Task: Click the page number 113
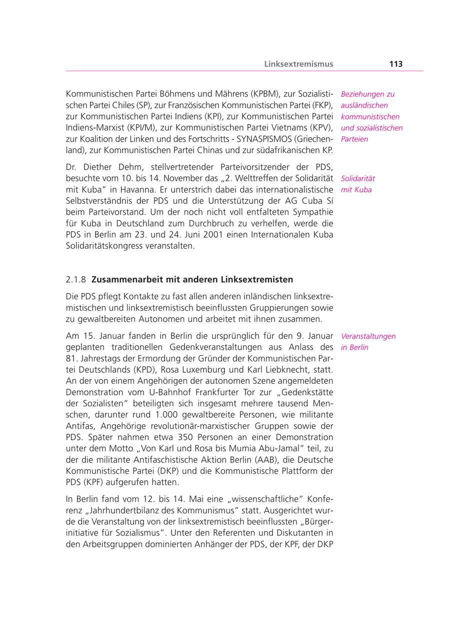tap(395, 64)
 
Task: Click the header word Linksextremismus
tap(298, 64)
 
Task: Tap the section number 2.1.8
tap(76, 279)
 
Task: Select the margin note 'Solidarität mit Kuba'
tap(357, 184)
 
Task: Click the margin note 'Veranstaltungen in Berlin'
tap(368, 342)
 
